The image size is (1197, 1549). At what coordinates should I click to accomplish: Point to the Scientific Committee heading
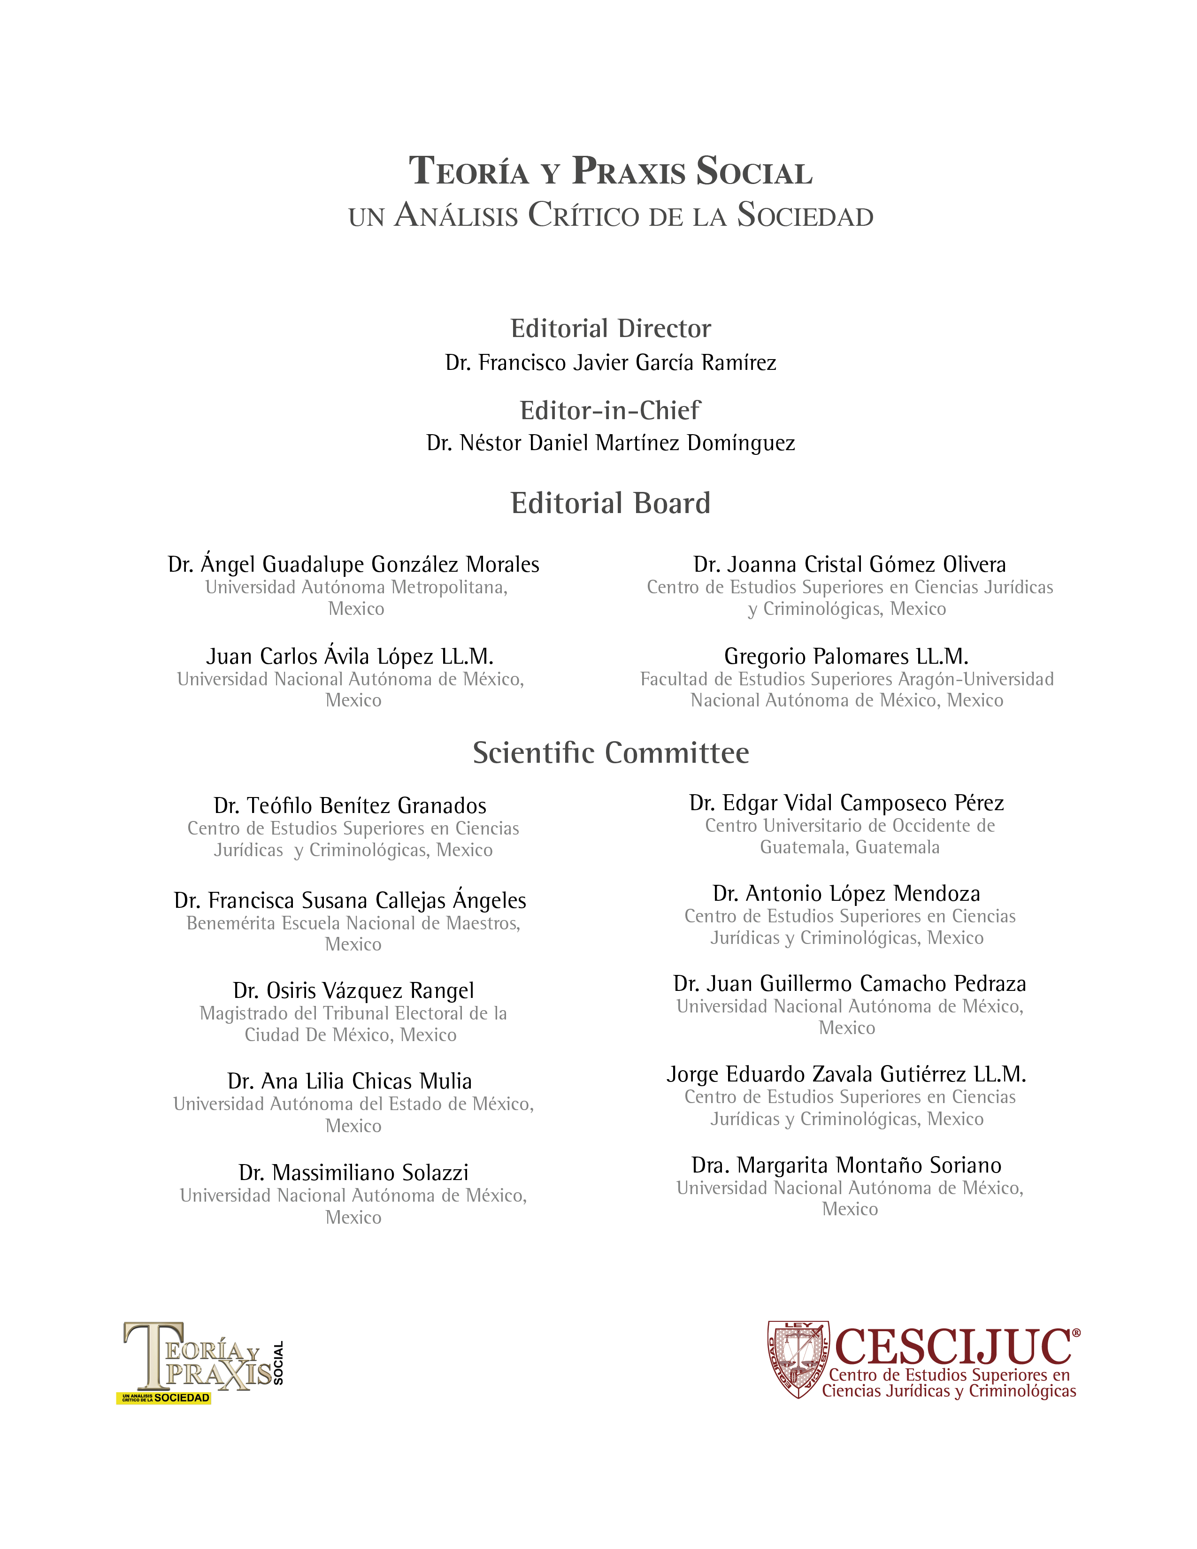611,752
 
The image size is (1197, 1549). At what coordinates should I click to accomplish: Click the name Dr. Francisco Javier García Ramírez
611,362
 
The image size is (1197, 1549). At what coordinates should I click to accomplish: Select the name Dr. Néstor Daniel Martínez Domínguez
611,443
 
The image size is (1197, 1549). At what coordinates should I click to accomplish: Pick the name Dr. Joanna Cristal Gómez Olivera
850,565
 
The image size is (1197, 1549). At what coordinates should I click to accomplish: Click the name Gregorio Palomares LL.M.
846,656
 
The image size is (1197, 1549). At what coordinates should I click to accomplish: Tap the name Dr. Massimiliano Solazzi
353,1173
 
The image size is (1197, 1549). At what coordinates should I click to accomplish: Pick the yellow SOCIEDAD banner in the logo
164,1398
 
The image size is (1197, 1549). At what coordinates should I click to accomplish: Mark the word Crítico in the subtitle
583,215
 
